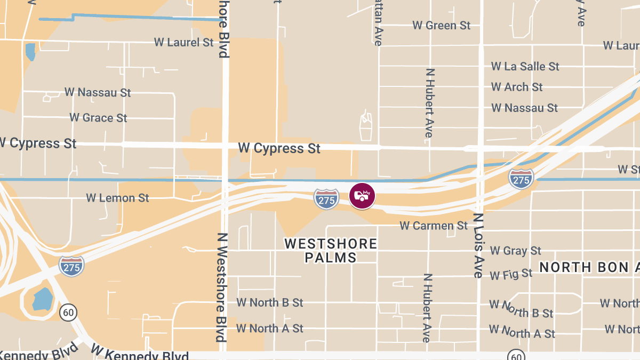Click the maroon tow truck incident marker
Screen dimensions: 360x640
[362, 196]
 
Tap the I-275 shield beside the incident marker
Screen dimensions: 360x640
[326, 198]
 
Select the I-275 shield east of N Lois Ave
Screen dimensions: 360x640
[521, 179]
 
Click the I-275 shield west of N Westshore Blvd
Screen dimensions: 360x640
[71, 266]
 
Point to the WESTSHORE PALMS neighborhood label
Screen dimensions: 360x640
[331, 251]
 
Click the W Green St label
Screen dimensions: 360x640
[442, 25]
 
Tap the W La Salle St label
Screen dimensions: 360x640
[525, 66]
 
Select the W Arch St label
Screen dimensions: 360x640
[517, 86]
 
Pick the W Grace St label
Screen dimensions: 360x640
[98, 117]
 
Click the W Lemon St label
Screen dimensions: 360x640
[117, 198]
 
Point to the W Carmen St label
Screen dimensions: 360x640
[434, 226]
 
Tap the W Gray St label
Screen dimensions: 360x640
[515, 250]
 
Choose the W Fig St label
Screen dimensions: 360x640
[511, 275]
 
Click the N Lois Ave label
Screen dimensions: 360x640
[478, 245]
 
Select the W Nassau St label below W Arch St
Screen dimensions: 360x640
[524, 108]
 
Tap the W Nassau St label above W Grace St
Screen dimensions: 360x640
[98, 92]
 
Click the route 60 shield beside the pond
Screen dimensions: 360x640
[68, 311]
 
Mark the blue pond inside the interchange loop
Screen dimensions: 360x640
[42, 299]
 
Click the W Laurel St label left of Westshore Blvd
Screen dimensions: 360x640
[183, 42]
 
